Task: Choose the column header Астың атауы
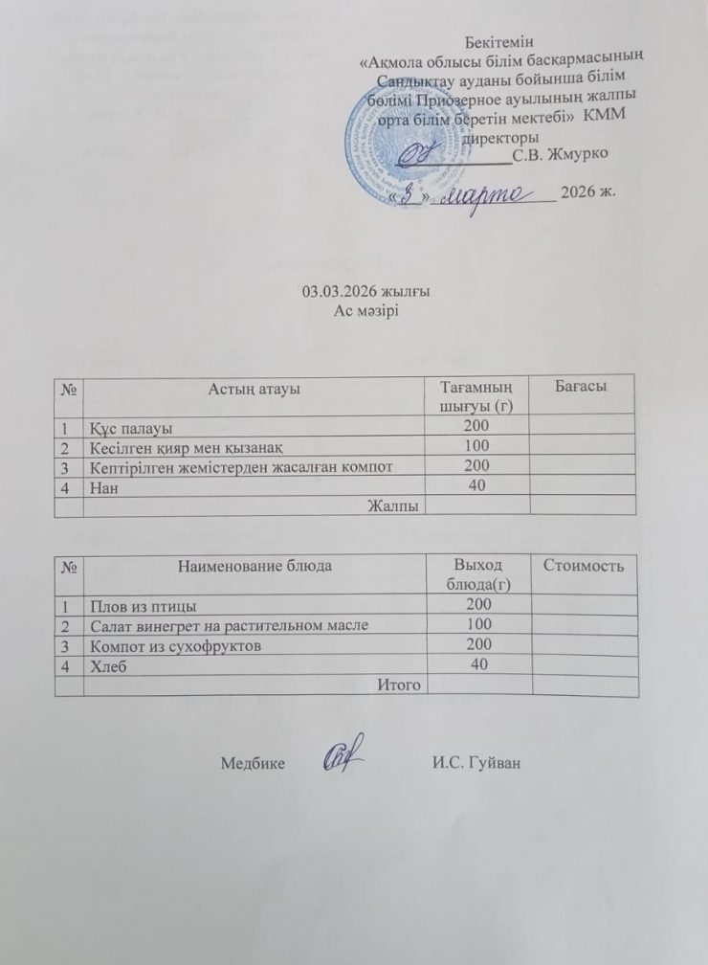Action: click(254, 388)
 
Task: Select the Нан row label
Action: click(101, 485)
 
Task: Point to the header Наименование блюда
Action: click(254, 566)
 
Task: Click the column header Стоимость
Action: click(584, 567)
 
